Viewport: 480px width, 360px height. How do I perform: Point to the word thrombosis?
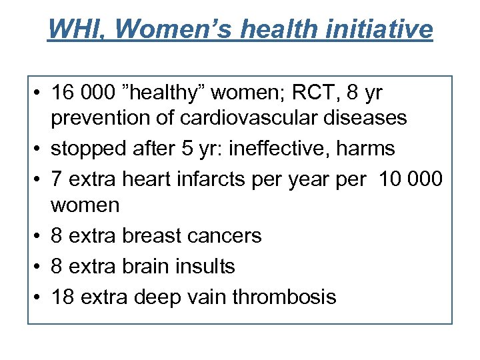285,295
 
